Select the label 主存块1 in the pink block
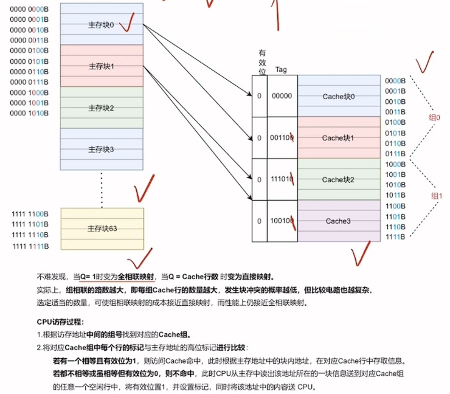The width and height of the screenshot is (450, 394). click(x=101, y=66)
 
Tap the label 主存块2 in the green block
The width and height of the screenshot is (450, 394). click(x=101, y=108)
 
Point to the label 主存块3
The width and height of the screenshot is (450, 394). click(x=101, y=149)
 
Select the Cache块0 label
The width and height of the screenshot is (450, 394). click(x=339, y=97)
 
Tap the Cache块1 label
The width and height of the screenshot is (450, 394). click(x=339, y=138)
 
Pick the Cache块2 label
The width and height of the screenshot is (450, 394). click(x=339, y=179)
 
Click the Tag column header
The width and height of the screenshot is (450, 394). click(x=281, y=69)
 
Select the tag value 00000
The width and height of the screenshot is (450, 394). click(x=281, y=96)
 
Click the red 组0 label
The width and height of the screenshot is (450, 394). click(x=435, y=117)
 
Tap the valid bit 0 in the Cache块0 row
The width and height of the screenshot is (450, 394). click(x=259, y=96)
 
